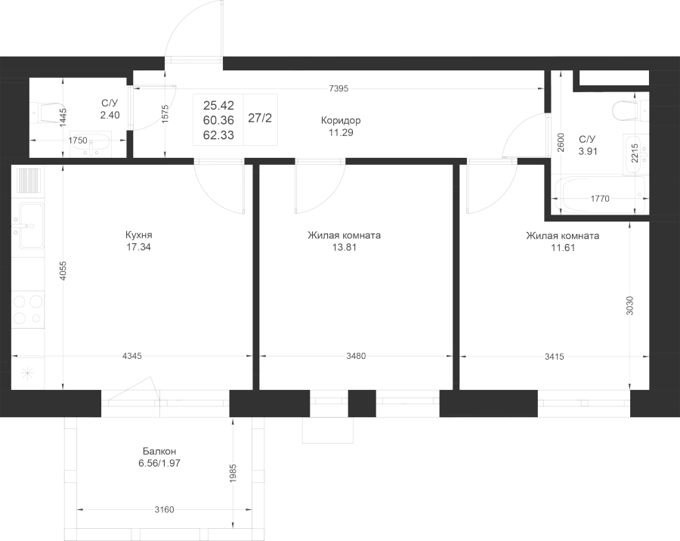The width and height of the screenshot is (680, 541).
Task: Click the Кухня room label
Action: coord(139,235)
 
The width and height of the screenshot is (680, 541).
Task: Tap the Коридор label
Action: coord(341,120)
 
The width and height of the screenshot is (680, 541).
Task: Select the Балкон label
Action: coord(159,451)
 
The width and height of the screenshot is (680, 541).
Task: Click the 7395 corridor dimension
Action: coord(338,88)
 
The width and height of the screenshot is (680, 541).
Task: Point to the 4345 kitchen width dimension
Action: coord(132,356)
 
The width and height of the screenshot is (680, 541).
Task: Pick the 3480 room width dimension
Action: coord(356,356)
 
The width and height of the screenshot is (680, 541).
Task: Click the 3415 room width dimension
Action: coord(555,357)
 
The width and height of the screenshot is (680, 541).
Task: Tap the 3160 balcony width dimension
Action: coord(165,509)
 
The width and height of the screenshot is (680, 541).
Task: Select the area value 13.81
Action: coord(345,247)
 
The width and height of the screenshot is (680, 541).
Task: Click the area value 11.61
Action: coord(563,248)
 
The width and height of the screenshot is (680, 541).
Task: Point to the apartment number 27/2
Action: coord(260,118)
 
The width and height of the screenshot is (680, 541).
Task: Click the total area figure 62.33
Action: coord(218,135)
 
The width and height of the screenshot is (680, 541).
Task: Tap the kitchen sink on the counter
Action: coord(28,226)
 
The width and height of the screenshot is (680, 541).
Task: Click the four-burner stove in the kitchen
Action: coord(28,309)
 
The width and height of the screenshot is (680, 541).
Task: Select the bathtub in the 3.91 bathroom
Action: coord(601,195)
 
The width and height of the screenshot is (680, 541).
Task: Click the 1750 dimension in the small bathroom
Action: coord(78,140)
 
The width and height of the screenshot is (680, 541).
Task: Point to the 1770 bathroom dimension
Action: coord(600,199)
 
